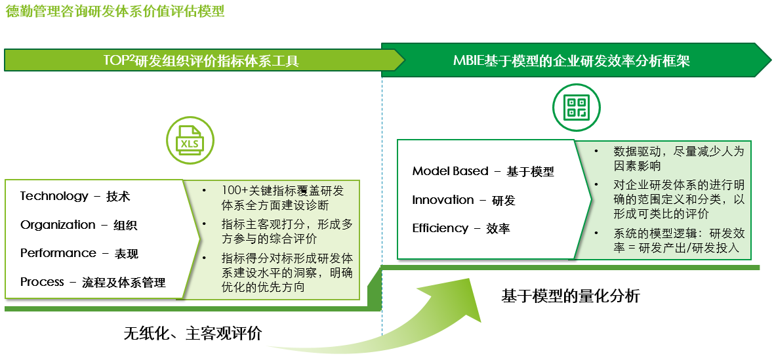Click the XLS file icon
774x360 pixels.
point(190,140)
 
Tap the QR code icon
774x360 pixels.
point(575,108)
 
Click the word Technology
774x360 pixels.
point(54,196)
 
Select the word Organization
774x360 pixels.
point(58,225)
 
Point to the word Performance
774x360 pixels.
point(58,253)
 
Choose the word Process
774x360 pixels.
point(42,282)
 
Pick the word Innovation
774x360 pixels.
point(443,200)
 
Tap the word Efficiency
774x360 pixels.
point(440,228)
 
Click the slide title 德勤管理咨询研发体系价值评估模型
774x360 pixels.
point(115,11)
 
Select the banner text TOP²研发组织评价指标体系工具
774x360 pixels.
point(201,61)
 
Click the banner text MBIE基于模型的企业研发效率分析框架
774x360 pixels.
point(571,61)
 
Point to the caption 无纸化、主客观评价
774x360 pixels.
point(192,334)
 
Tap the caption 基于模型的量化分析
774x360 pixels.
point(571,296)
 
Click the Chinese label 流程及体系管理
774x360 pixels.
point(124,283)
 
